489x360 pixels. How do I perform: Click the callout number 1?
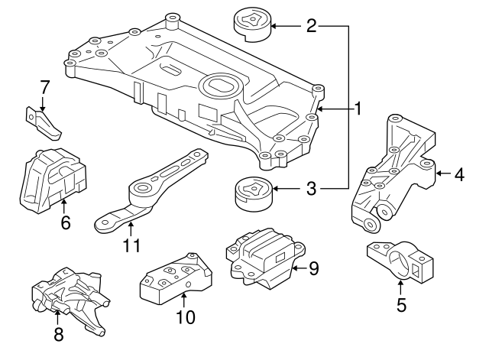click(x=357, y=110)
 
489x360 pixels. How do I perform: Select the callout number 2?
click(x=311, y=27)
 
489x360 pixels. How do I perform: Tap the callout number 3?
click(x=311, y=187)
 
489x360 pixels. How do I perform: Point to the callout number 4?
click(x=458, y=174)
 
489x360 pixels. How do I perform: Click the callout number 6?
click(x=65, y=223)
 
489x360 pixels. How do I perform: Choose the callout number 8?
click(x=60, y=334)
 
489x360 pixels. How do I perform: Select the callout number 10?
click(x=186, y=316)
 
